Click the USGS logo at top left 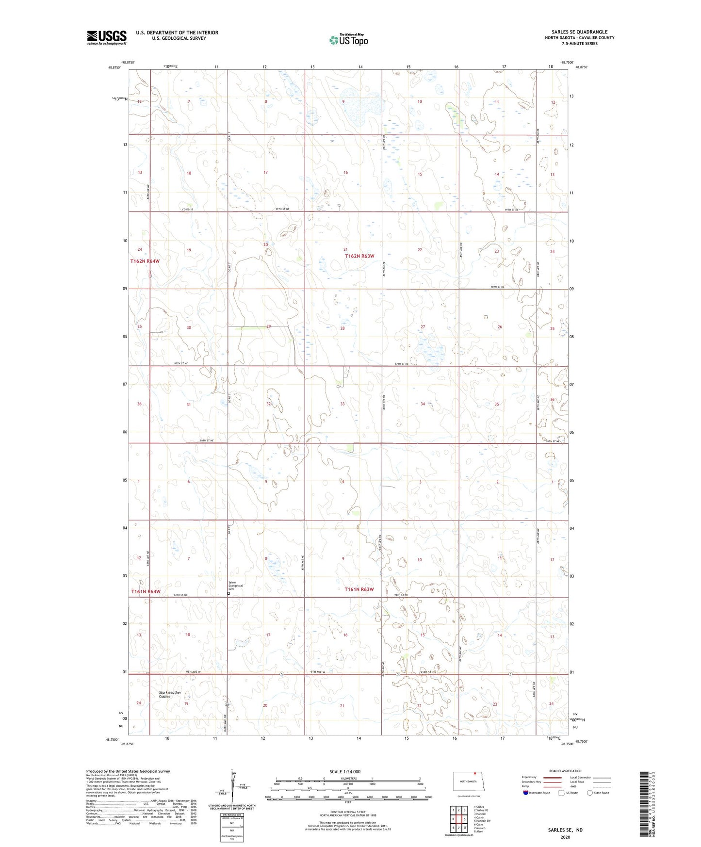[x=107, y=37]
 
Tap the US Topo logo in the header [x=348, y=40]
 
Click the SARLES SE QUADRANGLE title [x=579, y=32]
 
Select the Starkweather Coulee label [x=170, y=694]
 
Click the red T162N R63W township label [x=359, y=256]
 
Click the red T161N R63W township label [x=359, y=589]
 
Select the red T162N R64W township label [x=145, y=261]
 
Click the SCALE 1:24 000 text [x=345, y=771]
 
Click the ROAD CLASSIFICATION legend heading [x=565, y=771]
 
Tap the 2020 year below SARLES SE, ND [x=565, y=837]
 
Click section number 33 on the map [x=342, y=404]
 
